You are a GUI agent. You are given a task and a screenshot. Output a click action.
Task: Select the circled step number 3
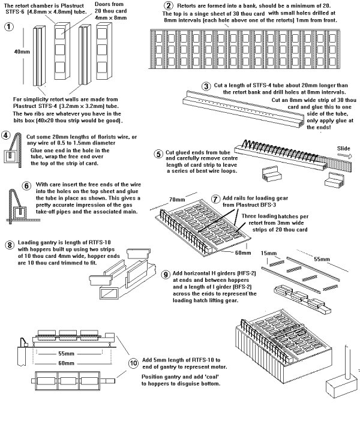click(207, 86)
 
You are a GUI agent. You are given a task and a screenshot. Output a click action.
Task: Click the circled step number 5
click(158, 154)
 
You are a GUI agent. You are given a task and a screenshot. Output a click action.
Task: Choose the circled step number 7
click(217, 198)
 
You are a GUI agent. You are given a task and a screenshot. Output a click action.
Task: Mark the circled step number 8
click(10, 245)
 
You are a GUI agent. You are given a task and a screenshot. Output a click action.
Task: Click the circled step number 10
click(133, 363)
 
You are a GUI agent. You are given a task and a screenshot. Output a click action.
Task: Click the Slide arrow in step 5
click(343, 155)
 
